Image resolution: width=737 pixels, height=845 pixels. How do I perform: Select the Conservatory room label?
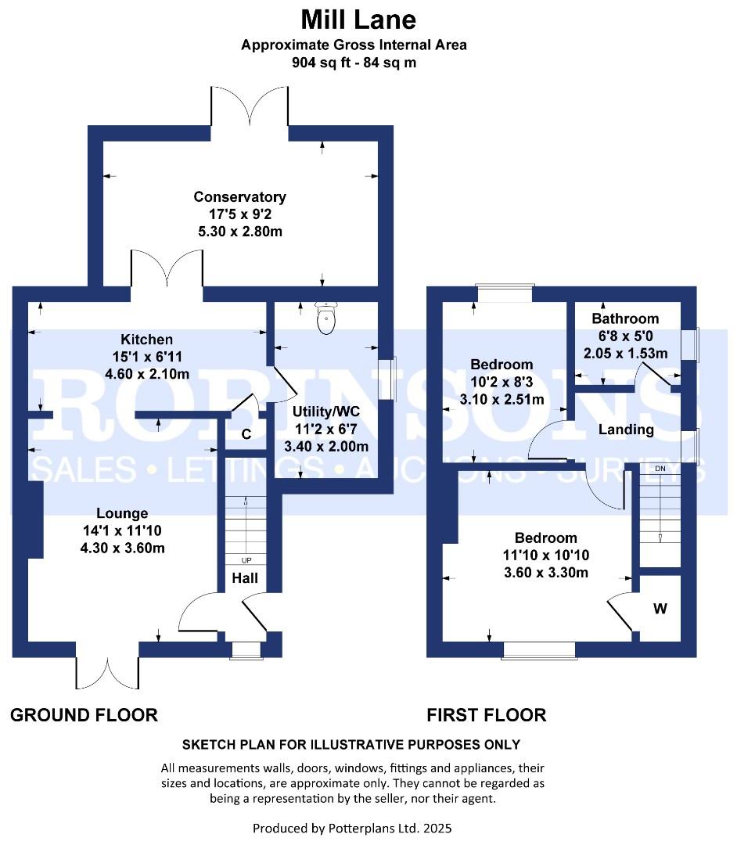coord(239,197)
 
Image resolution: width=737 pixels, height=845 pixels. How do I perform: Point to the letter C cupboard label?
coord(246,435)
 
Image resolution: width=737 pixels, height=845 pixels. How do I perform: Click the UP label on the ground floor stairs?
coord(246,560)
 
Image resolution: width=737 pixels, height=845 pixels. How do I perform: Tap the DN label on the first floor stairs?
coord(660,468)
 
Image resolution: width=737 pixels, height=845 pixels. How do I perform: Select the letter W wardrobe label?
coord(660,608)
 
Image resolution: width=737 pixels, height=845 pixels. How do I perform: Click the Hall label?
coord(246,580)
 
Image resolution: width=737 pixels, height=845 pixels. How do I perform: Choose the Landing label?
coord(626,430)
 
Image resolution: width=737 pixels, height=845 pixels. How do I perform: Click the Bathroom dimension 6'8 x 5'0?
coord(625,336)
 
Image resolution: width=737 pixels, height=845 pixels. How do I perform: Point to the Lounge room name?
coord(122,513)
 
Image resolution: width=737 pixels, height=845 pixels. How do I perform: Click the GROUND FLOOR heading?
coord(84,714)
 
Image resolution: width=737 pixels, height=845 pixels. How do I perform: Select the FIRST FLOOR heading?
coord(486,714)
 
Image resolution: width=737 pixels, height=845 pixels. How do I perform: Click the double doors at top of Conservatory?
coord(250,106)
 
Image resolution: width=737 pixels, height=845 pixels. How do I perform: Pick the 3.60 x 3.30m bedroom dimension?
coord(546,573)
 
